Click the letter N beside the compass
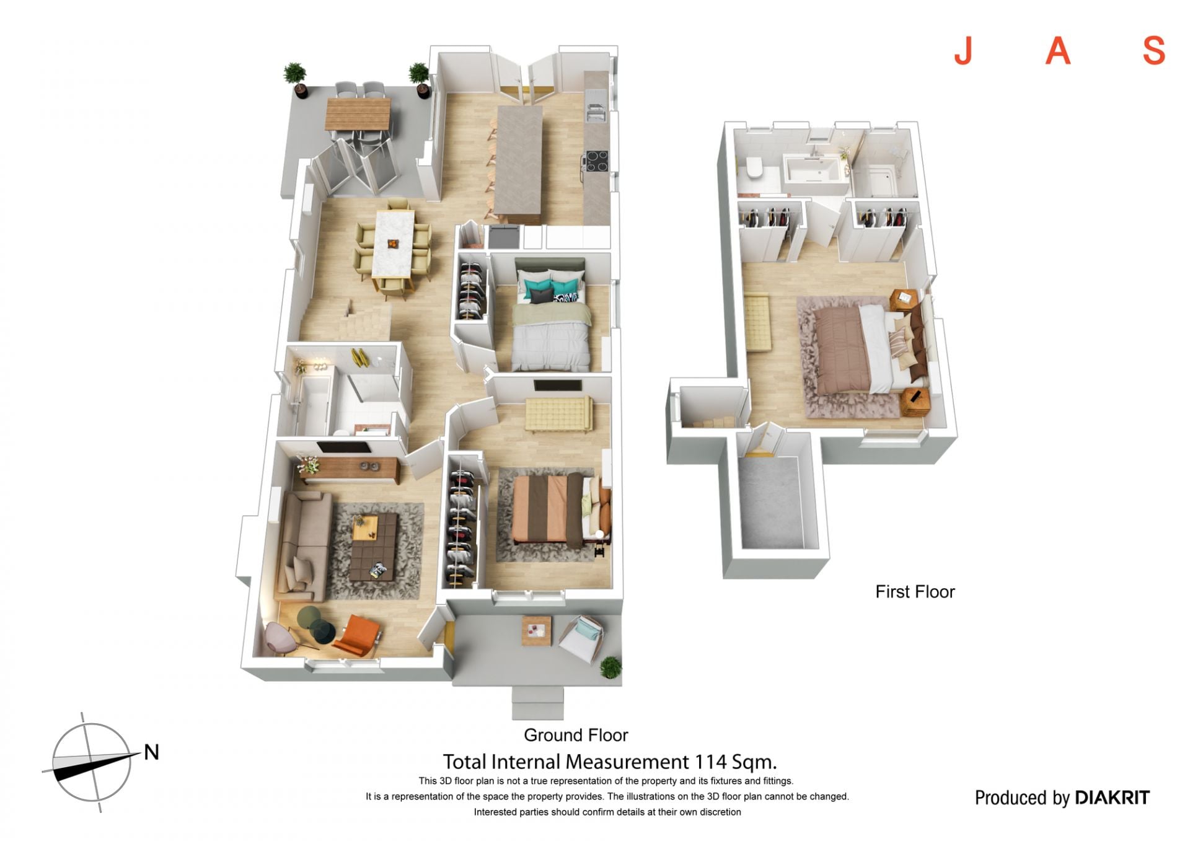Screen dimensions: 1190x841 pos(151,752)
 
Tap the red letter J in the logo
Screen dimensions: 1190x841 pos(963,50)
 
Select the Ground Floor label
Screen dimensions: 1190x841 pos(576,735)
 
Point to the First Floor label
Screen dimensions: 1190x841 pos(915,592)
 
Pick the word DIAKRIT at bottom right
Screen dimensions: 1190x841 pos(1113,798)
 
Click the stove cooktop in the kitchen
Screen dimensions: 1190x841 pos(596,161)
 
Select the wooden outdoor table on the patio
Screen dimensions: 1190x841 pos(359,113)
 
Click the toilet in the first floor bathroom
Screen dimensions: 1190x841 pos(754,167)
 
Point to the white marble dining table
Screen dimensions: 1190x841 pos(394,244)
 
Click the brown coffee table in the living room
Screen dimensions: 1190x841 pos(374,547)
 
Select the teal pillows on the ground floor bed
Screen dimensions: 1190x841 pos(551,289)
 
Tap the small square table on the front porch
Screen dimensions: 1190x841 pos(535,631)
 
